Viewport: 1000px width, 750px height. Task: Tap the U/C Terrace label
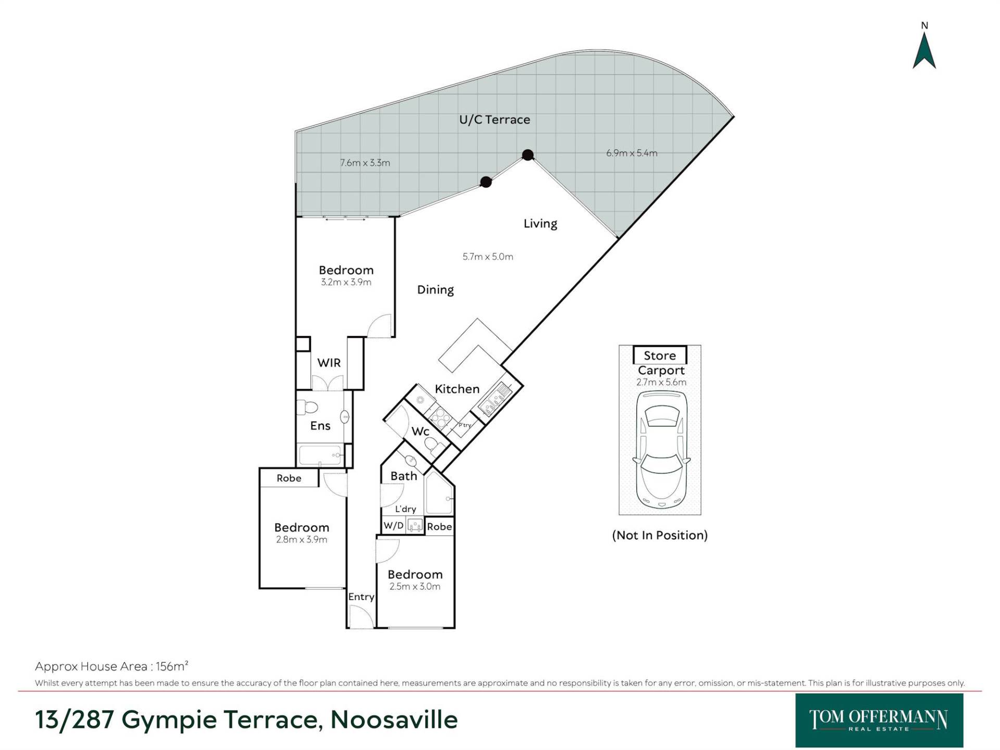coord(494,120)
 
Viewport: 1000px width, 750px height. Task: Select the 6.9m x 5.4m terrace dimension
coord(632,153)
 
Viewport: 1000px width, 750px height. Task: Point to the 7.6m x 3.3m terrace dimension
coord(365,162)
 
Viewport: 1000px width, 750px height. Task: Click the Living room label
coord(540,223)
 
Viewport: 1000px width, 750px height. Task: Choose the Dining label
coord(435,290)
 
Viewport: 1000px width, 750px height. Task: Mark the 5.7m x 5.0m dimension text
coord(488,257)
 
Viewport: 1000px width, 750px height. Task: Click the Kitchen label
coord(457,389)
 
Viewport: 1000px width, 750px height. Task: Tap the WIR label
coord(329,363)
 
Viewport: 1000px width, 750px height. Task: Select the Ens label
coord(320,426)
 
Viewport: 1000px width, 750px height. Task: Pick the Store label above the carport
coord(660,356)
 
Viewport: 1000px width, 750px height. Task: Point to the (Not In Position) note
coord(660,535)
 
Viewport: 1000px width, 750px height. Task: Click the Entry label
coord(361,597)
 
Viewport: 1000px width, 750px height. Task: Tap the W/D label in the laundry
coord(393,526)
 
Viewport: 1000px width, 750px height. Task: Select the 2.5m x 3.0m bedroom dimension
coord(415,586)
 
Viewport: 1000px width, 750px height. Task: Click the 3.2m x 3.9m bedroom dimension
coord(346,282)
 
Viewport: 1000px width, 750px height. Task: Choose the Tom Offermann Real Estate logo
coord(879,720)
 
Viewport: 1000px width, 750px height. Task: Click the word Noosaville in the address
coord(394,720)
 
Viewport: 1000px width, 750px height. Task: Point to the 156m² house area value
coord(172,666)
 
